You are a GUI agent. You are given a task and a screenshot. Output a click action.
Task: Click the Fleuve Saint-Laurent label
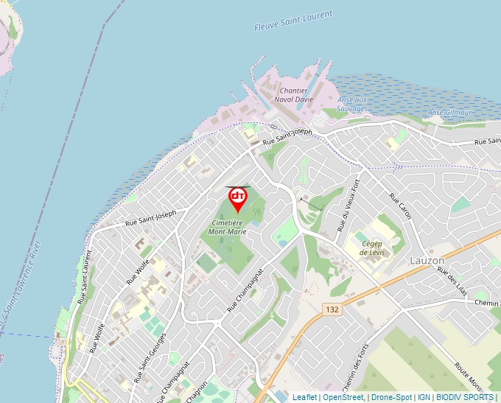tap(293, 20)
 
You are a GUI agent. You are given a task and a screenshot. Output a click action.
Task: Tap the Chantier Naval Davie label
tap(293, 94)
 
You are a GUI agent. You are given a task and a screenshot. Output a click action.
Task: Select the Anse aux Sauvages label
tap(351, 104)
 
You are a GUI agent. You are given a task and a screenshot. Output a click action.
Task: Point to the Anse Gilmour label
tap(449, 112)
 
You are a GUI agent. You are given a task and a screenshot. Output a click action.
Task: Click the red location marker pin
tap(238, 197)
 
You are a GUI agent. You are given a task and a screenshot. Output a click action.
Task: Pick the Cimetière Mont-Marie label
tap(228, 226)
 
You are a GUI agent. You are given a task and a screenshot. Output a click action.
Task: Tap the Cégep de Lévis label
tap(372, 247)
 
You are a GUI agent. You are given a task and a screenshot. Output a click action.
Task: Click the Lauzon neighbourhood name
tap(427, 261)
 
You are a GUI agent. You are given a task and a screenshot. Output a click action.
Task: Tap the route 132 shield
tap(332, 310)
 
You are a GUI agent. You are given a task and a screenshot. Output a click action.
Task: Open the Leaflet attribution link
tap(304, 397)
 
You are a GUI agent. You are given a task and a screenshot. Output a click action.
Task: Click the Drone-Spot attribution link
tap(391, 397)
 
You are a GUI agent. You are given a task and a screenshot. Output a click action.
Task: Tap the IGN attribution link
tap(424, 397)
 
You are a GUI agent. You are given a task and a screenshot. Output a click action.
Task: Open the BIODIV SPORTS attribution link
tap(465, 397)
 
